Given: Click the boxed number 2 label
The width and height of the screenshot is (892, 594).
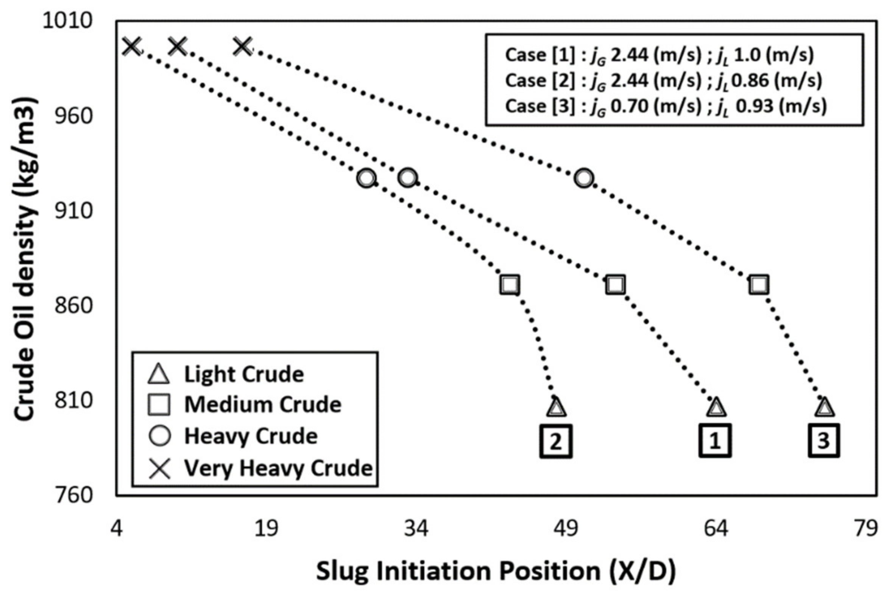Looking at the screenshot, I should [555, 441].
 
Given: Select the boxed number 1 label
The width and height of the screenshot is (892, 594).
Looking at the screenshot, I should [714, 441].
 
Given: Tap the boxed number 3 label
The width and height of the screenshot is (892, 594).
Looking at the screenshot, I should [824, 441].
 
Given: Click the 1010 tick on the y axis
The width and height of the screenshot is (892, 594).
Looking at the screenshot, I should [67, 20].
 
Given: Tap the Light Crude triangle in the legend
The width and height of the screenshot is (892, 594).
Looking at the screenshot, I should [159, 374].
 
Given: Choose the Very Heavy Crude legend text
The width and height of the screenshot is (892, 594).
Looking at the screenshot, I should [278, 468].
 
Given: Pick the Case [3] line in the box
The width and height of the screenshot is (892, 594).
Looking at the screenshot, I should [666, 106].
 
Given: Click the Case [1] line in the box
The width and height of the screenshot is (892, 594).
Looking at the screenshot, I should [659, 55].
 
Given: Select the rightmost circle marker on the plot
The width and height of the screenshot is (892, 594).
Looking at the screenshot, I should [584, 178].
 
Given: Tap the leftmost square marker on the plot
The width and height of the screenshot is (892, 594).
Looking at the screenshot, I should [510, 285].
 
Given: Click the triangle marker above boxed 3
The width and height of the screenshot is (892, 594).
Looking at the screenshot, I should [825, 408].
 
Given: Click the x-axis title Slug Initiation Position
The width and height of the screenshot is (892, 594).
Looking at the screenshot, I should [496, 571].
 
